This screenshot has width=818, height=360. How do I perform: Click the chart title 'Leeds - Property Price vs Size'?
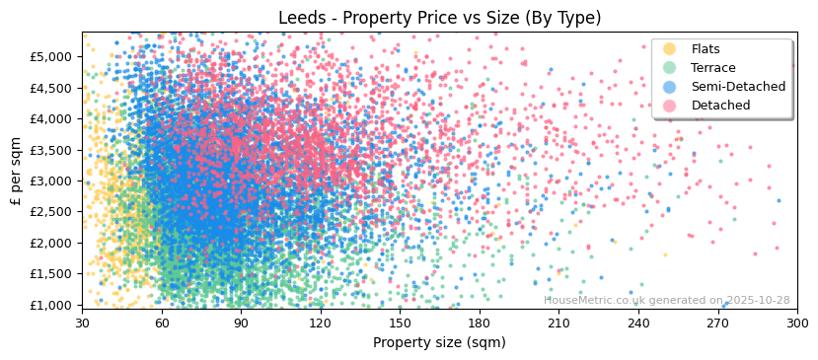click(439, 18)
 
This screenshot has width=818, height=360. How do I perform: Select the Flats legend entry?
click(705, 49)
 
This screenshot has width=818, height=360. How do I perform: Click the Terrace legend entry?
click(712, 68)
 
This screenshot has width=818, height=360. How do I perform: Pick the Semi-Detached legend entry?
click(737, 87)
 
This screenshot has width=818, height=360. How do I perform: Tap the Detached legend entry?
click(720, 106)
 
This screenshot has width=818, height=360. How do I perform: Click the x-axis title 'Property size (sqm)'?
click(439, 343)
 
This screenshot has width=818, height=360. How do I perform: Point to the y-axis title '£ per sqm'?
click(16, 171)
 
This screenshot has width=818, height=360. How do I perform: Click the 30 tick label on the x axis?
click(82, 323)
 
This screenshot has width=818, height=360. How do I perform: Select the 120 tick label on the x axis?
click(321, 323)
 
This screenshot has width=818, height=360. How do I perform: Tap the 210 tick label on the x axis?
click(558, 323)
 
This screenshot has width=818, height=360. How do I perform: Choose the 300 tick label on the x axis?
click(796, 323)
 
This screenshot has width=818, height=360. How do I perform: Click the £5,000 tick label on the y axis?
click(51, 56)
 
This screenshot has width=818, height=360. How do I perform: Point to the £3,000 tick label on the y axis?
click(51, 180)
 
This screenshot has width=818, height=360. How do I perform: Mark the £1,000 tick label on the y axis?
click(51, 305)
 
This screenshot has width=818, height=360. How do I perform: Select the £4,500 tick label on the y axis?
click(51, 88)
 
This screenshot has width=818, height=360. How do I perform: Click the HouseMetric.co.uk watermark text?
click(666, 300)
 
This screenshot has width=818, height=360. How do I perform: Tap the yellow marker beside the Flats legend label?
click(670, 49)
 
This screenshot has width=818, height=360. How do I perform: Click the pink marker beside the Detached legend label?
click(670, 106)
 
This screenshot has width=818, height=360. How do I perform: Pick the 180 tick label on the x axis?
click(480, 323)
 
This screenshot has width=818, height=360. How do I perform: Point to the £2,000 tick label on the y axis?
click(51, 243)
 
